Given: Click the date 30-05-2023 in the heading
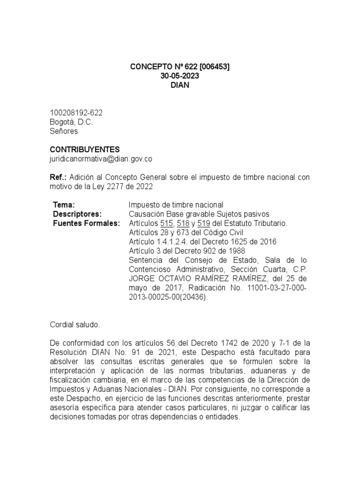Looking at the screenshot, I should point(180,76).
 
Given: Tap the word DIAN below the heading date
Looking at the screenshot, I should point(180,86).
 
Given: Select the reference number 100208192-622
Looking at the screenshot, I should point(76,113).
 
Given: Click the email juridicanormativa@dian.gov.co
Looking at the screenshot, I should point(101,159).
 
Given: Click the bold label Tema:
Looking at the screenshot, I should point(64,205).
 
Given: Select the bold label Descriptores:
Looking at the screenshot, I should point(77,214).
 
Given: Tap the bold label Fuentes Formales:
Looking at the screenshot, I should point(87,223).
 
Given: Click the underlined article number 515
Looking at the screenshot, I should point(167,223).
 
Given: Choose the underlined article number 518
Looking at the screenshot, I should point(183,223).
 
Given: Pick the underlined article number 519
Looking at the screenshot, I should point(203,223).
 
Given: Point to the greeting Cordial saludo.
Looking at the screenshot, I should point(75,324).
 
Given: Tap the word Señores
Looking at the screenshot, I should point(64,131).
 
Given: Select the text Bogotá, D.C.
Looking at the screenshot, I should point(71,122).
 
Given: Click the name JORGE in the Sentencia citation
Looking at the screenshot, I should point(140,278).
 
